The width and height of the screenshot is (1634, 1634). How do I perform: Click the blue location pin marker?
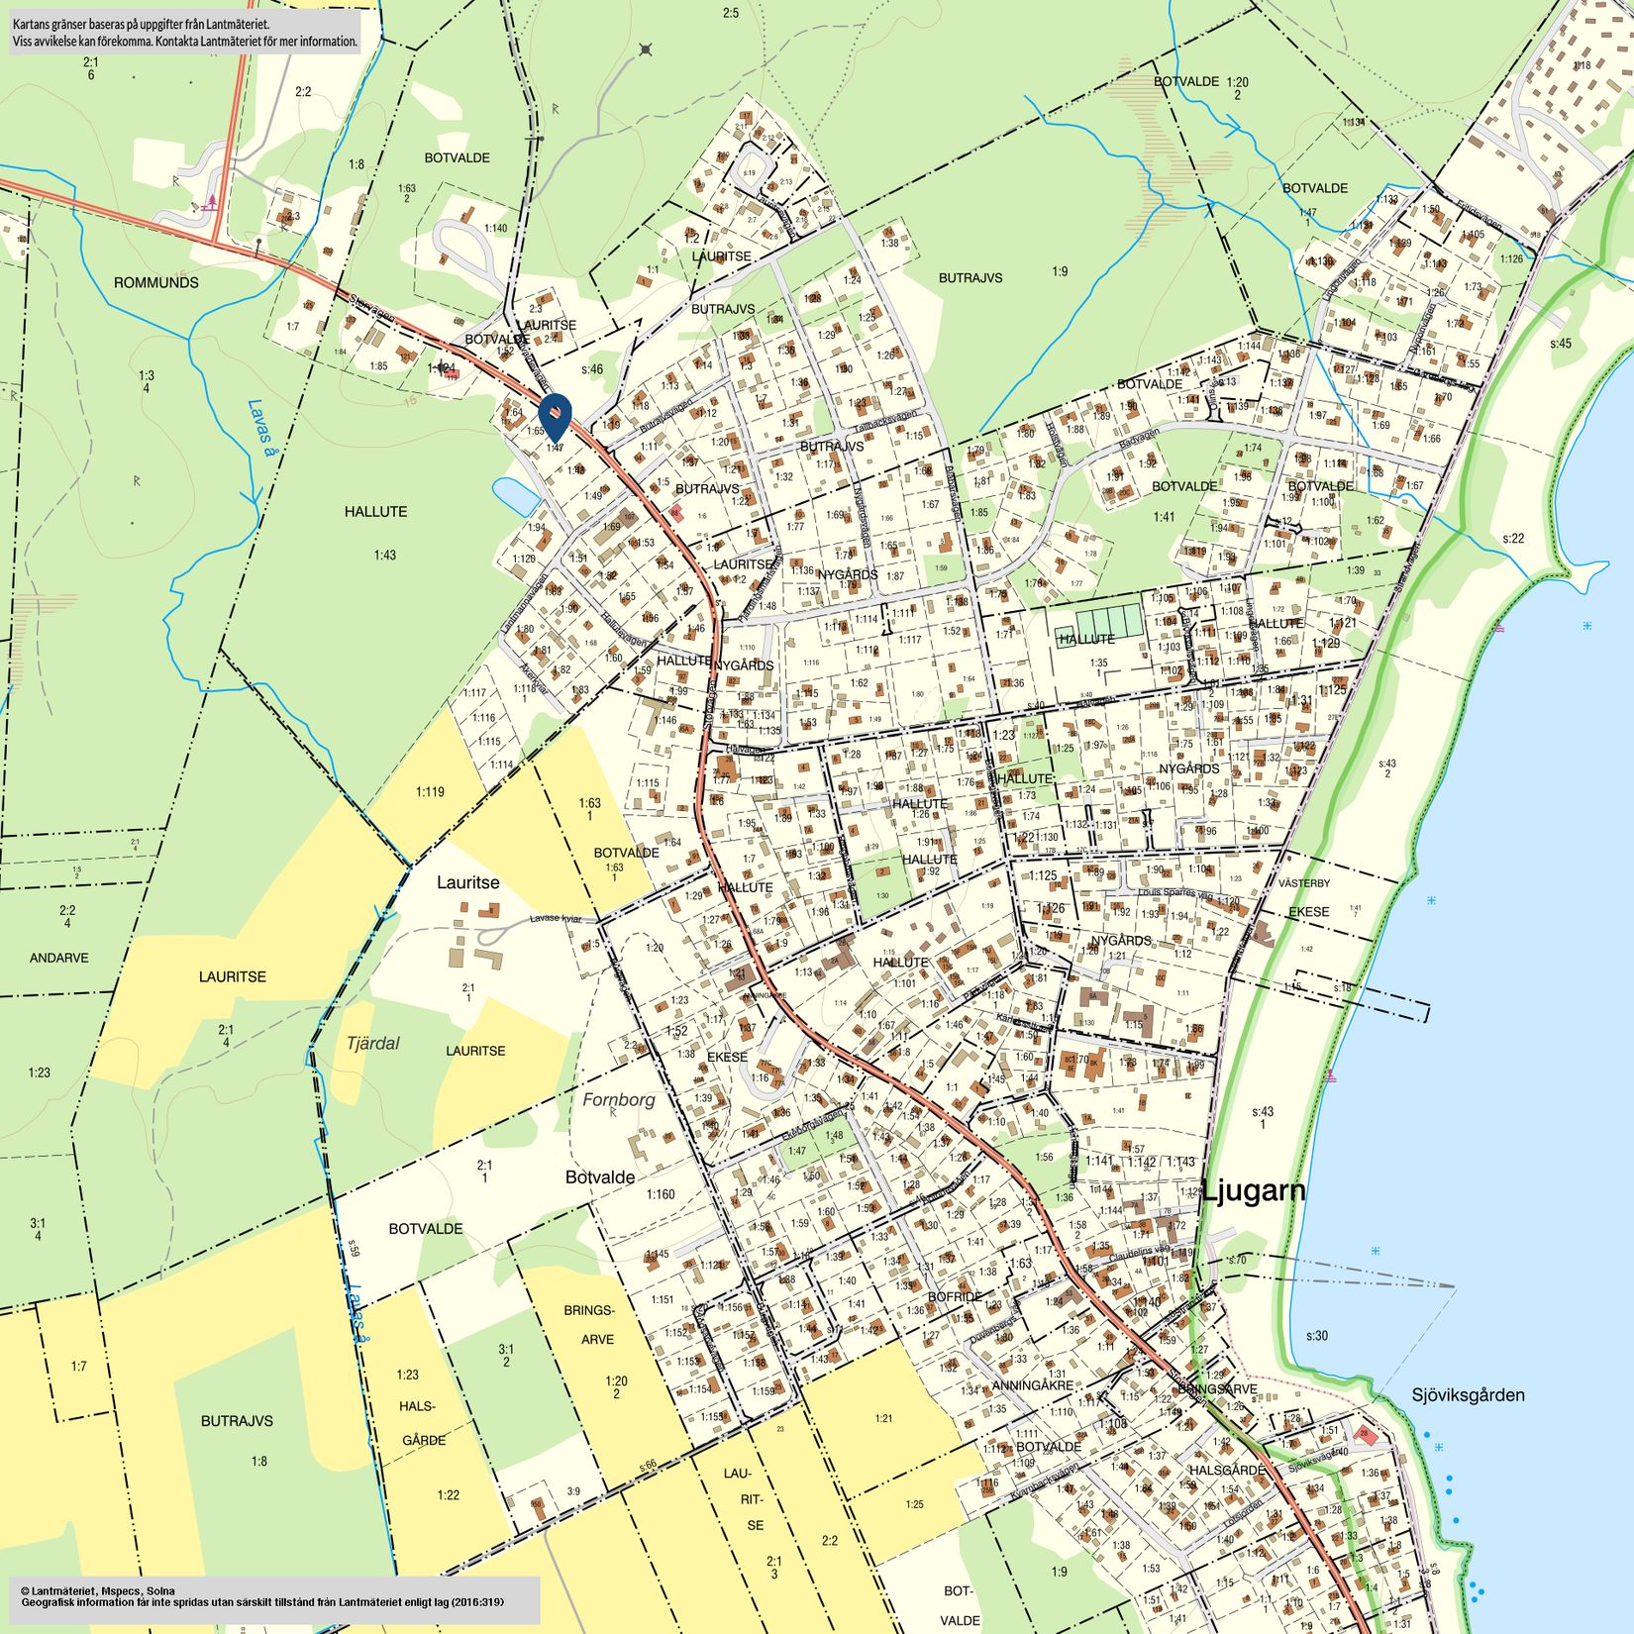[x=556, y=415]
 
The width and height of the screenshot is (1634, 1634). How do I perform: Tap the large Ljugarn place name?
[x=1253, y=1191]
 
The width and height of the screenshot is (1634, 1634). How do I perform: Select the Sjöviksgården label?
[x=1468, y=1395]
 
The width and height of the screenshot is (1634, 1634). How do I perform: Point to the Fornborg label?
[x=619, y=1099]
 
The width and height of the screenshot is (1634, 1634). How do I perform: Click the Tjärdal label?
[x=373, y=1043]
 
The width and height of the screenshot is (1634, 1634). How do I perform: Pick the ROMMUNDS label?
[x=155, y=282]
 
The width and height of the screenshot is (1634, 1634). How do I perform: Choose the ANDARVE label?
[x=59, y=958]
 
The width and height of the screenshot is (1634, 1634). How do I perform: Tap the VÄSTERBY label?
[x=1304, y=882]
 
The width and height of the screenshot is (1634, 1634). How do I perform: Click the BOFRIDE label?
[x=955, y=1296]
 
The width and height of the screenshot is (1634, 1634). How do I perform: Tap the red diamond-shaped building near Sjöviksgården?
[x=1366, y=1435]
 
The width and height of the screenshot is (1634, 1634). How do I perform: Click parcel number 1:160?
[x=661, y=1194]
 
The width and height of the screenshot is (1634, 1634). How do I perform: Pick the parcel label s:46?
[x=591, y=369]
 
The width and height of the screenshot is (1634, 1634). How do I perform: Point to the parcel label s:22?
[x=1512, y=538]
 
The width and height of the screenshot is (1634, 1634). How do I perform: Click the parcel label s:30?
[x=1316, y=1336]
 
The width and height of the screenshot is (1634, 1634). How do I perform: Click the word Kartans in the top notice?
[x=34, y=23]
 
